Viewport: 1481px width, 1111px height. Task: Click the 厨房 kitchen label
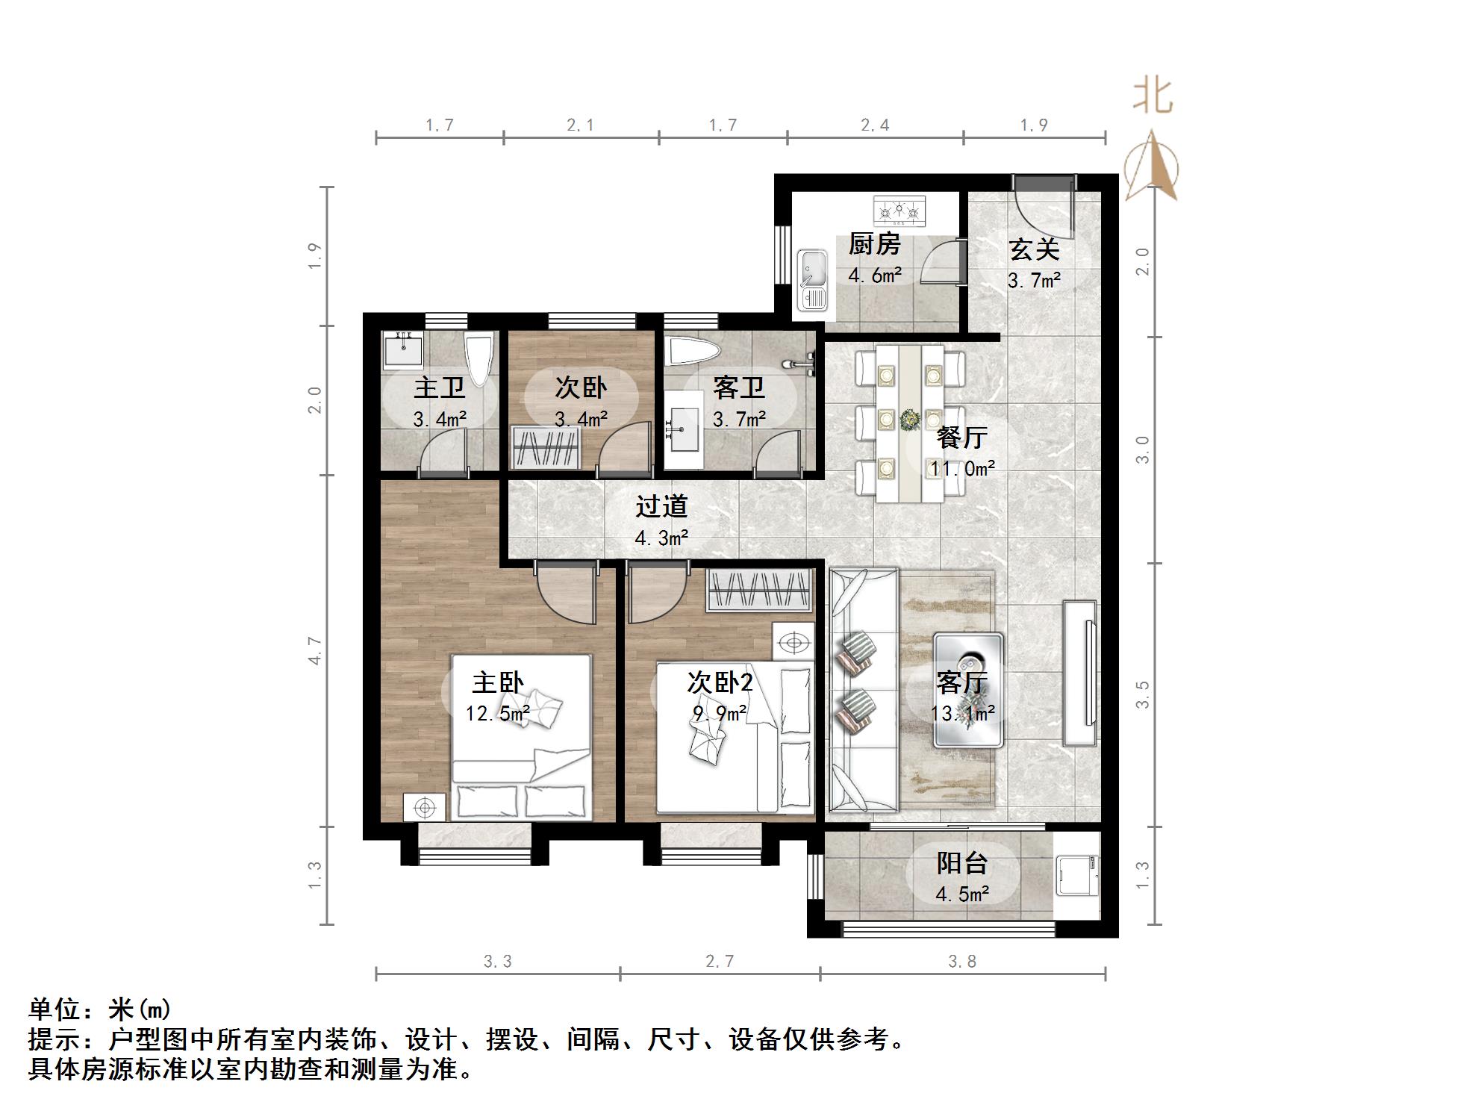click(874, 244)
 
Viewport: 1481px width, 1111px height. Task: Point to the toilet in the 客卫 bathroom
click(693, 351)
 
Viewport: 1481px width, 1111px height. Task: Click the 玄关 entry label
click(1034, 249)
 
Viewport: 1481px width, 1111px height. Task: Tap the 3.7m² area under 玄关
click(1034, 281)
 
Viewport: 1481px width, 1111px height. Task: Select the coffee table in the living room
click(968, 689)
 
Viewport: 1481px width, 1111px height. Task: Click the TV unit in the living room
click(1080, 672)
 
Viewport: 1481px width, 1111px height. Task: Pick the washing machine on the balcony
click(1076, 876)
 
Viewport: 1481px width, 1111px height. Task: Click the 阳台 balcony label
click(962, 863)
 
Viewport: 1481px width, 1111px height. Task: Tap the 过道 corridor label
click(661, 506)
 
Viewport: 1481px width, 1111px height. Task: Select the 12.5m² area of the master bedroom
click(497, 714)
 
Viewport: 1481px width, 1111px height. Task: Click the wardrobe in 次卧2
click(759, 591)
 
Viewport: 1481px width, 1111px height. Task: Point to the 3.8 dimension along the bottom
click(962, 962)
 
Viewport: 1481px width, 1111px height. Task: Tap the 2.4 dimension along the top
click(875, 125)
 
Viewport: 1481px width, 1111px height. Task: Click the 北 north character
click(1153, 97)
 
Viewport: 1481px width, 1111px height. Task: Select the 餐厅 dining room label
click(962, 438)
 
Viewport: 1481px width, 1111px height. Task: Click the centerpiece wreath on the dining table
click(909, 420)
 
